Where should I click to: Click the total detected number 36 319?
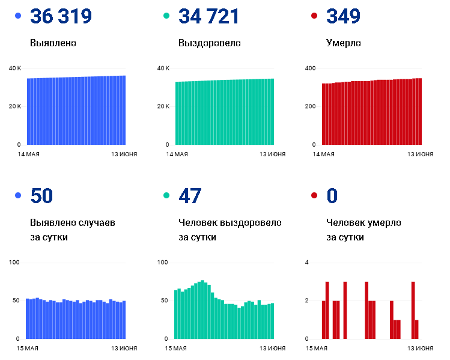point(61,16)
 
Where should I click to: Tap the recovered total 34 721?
point(208,16)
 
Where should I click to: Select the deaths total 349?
point(343,16)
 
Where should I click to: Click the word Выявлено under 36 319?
point(53,43)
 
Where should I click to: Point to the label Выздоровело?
point(210,43)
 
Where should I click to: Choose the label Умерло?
point(344,43)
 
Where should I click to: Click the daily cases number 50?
point(41,196)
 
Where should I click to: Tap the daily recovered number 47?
point(190,196)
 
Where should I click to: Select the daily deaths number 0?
point(332,196)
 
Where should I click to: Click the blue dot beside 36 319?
point(18,16)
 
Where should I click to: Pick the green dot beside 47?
point(166,195)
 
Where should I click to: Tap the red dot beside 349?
point(314,16)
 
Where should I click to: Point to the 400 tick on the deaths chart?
point(310,69)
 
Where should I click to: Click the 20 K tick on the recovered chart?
point(163,106)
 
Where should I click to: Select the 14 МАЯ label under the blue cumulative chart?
point(28,154)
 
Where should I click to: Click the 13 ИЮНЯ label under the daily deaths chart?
point(420,349)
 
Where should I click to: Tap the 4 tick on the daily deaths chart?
point(307,263)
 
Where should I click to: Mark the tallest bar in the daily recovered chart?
point(202,310)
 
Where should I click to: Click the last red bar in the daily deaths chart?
point(417,329)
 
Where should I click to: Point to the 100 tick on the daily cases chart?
point(14,263)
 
